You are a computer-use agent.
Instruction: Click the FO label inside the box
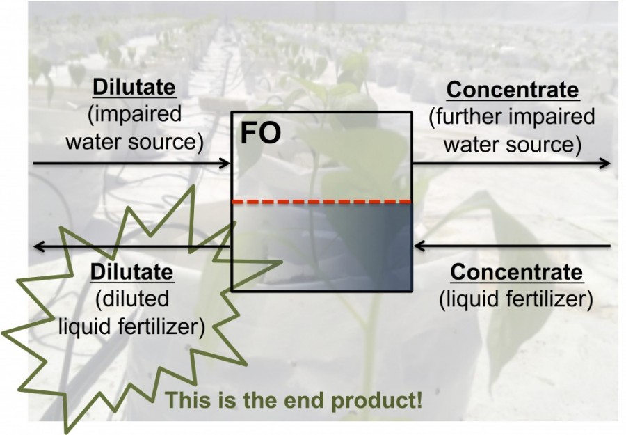tap(260, 134)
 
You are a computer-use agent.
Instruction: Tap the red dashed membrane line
tap(322, 202)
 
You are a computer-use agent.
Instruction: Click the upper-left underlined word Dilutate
tap(134, 88)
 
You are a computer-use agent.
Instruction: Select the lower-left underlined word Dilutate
tap(132, 272)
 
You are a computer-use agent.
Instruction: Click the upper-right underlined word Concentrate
tap(513, 90)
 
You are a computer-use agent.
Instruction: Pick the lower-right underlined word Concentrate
tap(516, 272)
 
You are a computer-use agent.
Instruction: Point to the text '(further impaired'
tap(512, 117)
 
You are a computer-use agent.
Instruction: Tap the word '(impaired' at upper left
tap(134, 114)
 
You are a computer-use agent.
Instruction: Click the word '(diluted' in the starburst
tap(132, 299)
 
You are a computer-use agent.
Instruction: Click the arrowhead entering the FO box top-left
tap(225, 163)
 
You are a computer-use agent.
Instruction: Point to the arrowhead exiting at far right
tap(604, 163)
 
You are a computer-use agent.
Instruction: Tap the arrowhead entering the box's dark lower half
tap(419, 246)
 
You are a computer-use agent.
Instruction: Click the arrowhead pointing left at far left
tap(40, 246)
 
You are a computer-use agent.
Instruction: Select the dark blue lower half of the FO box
tap(322, 247)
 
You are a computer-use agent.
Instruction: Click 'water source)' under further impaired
tap(512, 144)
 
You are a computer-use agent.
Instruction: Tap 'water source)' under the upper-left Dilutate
tap(134, 141)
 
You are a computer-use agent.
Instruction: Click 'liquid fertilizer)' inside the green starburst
tap(131, 326)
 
